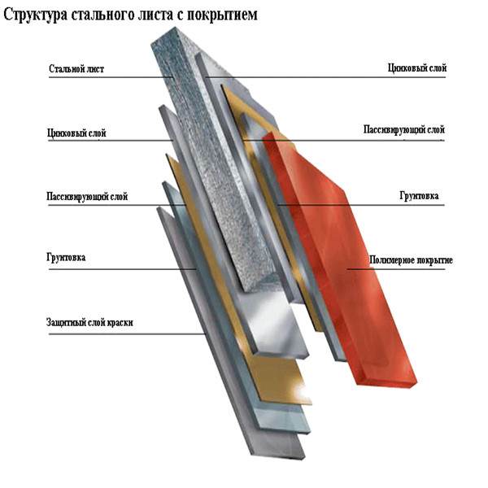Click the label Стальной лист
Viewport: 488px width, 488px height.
click(x=76, y=69)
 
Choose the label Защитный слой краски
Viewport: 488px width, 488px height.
click(x=89, y=322)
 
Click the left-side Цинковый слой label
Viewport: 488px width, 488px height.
click(x=77, y=133)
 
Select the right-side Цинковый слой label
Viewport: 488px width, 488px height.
click(x=417, y=68)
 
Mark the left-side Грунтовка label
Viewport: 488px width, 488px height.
click(x=67, y=259)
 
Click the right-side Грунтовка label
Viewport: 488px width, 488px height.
click(x=419, y=196)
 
